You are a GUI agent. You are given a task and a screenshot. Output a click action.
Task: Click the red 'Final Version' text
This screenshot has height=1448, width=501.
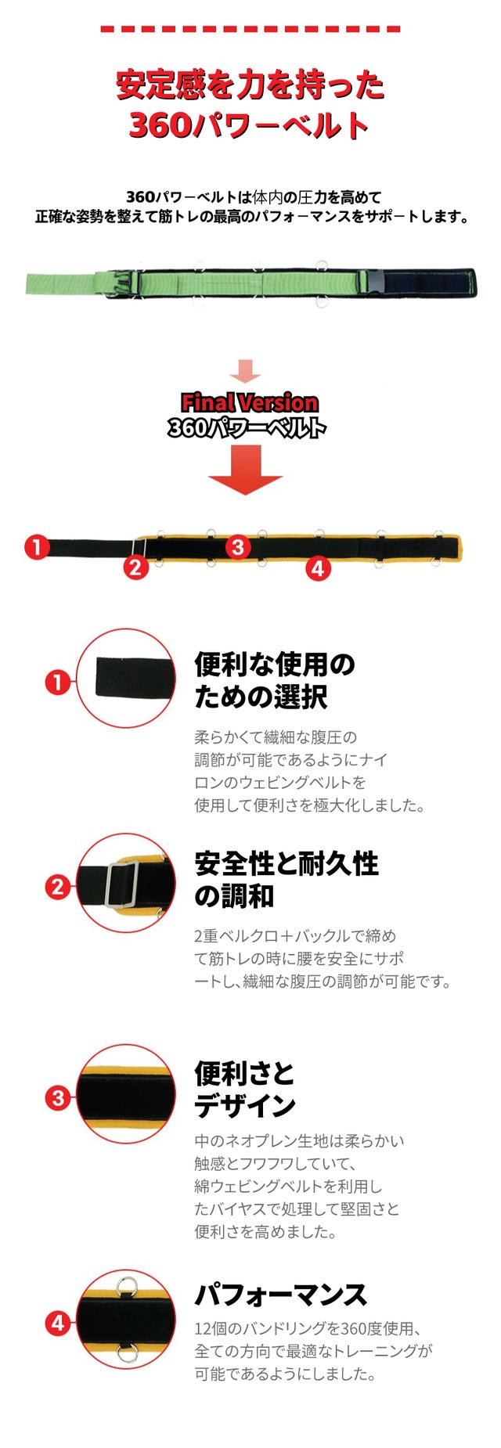pyautogui.click(x=250, y=402)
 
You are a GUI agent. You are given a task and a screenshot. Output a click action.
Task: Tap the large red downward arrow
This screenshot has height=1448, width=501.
pyautogui.click(x=245, y=469)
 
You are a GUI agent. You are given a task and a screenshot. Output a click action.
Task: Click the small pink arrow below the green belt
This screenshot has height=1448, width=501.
pyautogui.click(x=245, y=371)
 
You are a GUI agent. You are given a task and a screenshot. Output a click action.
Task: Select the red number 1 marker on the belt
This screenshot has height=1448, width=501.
pyautogui.click(x=37, y=546)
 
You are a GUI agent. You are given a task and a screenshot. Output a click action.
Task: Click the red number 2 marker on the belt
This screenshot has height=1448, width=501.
pyautogui.click(x=135, y=567)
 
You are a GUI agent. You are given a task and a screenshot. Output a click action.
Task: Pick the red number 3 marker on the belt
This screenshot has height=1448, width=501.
pyautogui.click(x=239, y=546)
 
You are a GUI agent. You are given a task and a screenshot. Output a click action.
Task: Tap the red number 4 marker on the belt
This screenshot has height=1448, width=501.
pyautogui.click(x=317, y=568)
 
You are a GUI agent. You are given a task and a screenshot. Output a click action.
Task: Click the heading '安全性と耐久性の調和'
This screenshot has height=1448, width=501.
pyautogui.click(x=287, y=879)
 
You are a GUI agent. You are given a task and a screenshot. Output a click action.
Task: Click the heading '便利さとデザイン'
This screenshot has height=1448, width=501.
pyautogui.click(x=245, y=1089)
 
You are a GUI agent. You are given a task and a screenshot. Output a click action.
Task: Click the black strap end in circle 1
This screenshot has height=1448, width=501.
pyautogui.click(x=133, y=678)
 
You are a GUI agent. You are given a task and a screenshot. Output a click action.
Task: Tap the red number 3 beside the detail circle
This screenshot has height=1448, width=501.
pyautogui.click(x=57, y=1097)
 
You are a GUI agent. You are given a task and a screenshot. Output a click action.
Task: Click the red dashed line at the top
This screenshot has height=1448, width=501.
pyautogui.click(x=250, y=29)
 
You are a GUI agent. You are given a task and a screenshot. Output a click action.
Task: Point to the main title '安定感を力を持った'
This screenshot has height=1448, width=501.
pyautogui.click(x=250, y=85)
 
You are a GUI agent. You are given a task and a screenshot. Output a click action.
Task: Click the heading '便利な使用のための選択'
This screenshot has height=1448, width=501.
pyautogui.click(x=275, y=680)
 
